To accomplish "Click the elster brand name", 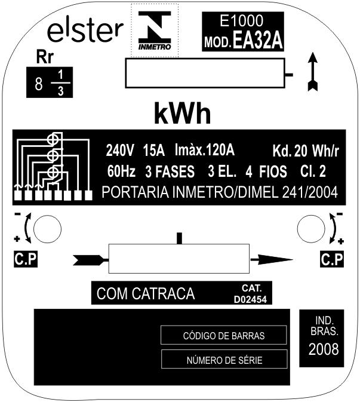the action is tap(85, 32).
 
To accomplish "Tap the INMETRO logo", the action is tap(155, 30).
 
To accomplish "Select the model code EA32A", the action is tap(257, 41).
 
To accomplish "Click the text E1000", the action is tap(241, 21).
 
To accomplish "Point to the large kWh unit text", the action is tap(183, 113).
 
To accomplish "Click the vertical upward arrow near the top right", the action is tap(313, 72).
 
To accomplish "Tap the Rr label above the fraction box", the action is tap(45, 57).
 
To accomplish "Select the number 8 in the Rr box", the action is tap(39, 84).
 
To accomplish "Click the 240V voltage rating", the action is tap(120, 151).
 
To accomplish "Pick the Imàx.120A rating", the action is tap(204, 150).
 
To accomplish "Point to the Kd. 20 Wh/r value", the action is tap(306, 151).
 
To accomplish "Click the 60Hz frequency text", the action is tap(121, 171).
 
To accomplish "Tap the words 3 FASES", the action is tap(170, 171).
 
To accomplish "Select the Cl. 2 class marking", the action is tap(313, 171).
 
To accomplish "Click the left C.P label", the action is tap(26, 259).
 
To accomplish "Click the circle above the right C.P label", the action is tap(311, 229).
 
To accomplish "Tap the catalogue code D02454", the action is tap(250, 299).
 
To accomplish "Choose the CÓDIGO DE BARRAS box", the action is tap(223, 335).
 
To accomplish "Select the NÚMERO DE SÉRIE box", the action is tap(224, 359).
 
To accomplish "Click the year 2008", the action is tap(324, 349).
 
